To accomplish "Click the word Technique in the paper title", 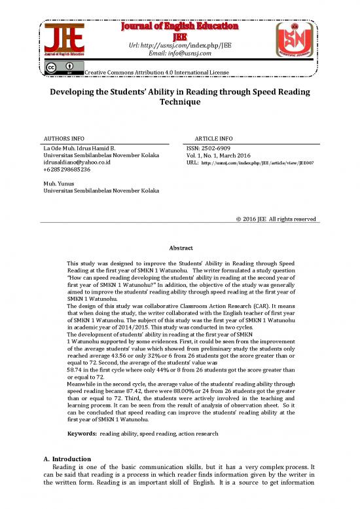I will (179, 103).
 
